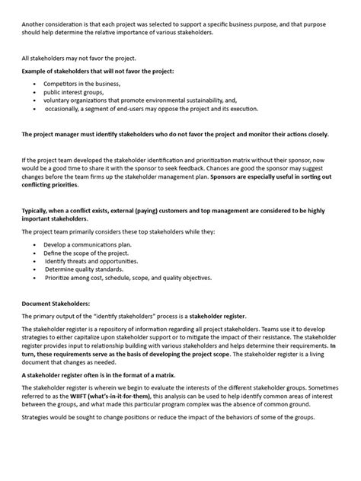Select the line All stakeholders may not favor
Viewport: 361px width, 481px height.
click(71, 59)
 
